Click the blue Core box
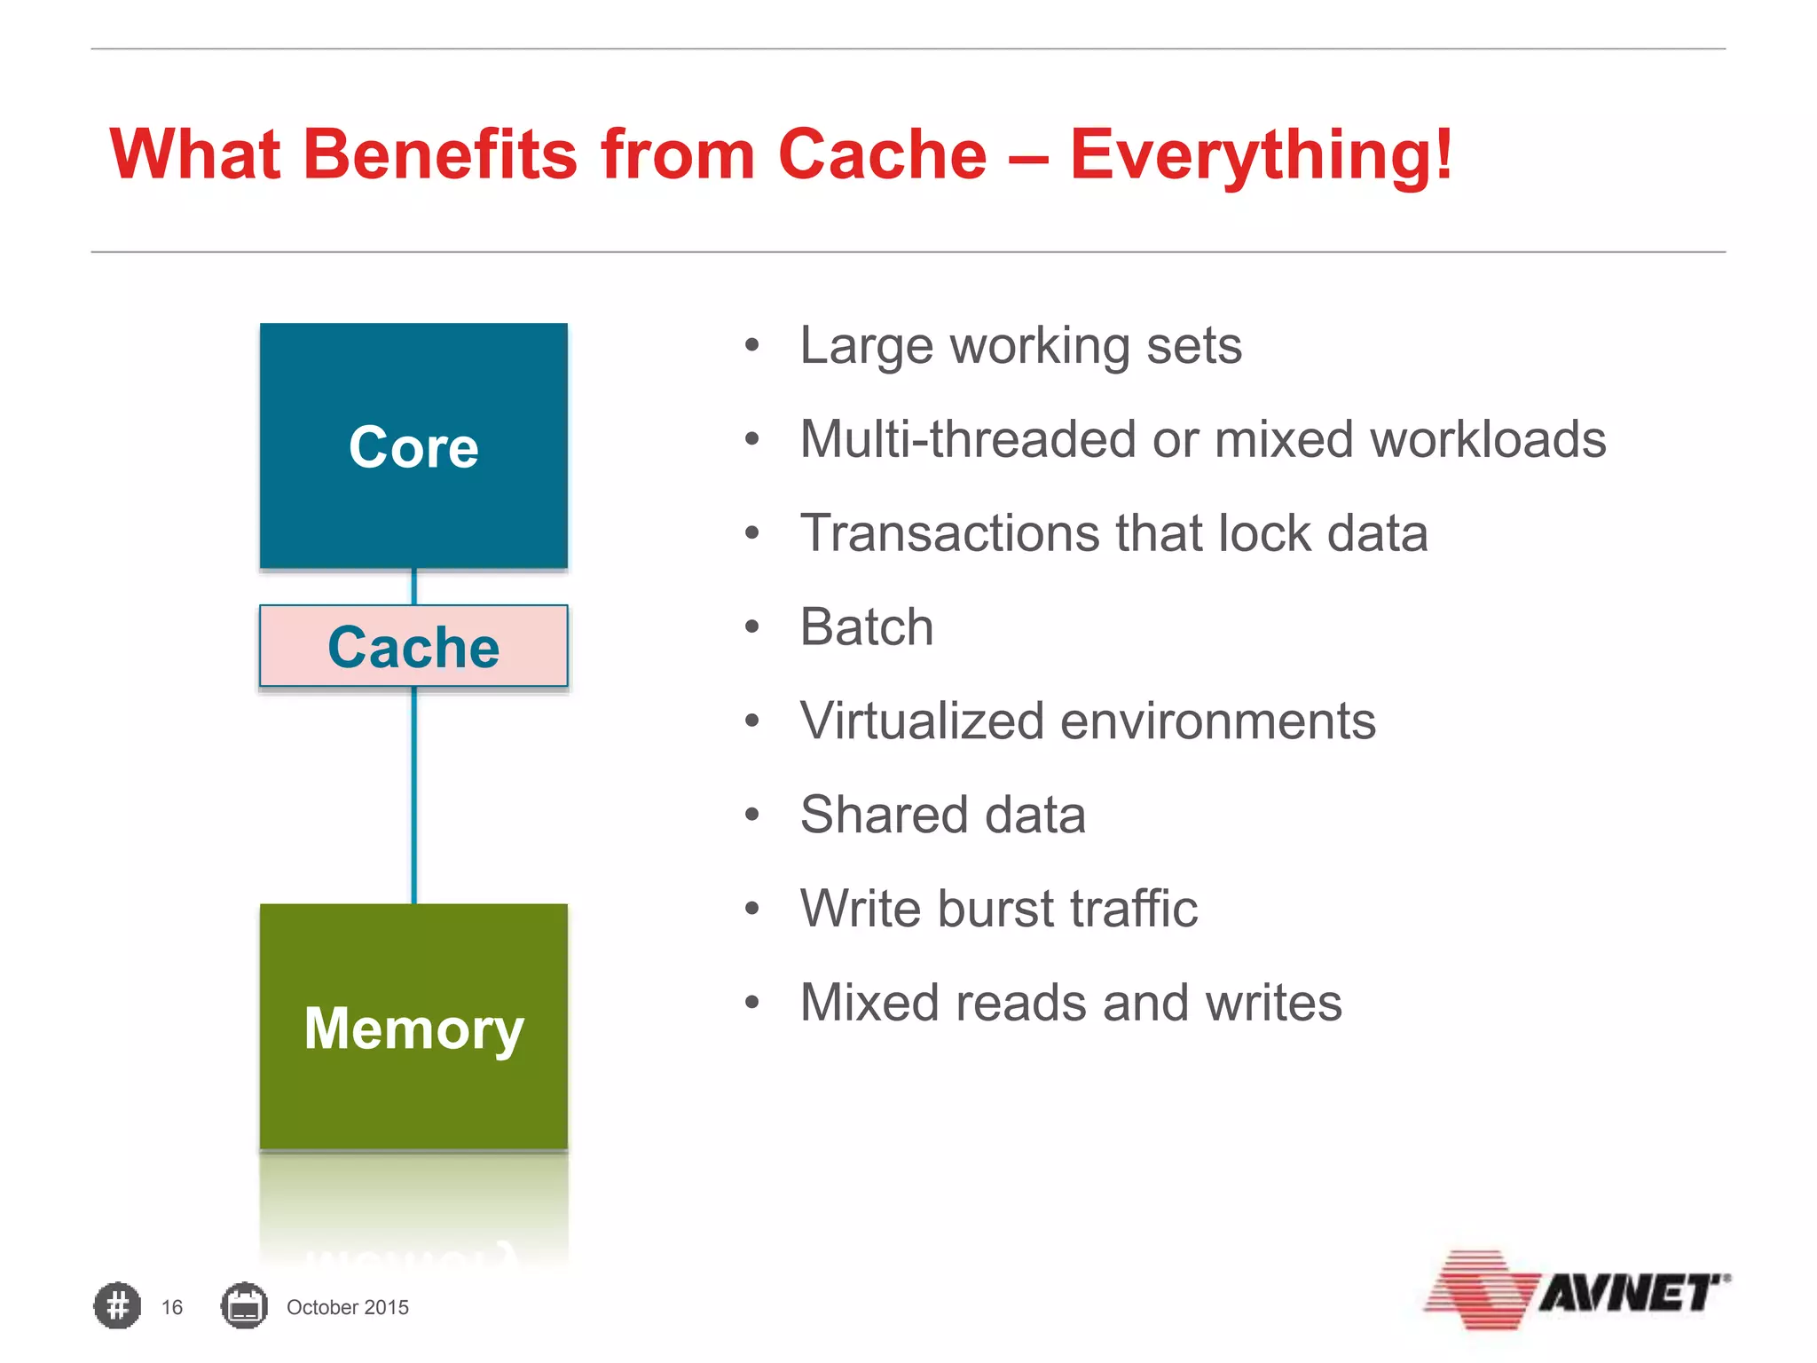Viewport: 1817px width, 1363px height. (413, 445)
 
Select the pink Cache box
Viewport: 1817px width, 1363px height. (413, 646)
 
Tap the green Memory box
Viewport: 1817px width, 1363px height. (413, 1027)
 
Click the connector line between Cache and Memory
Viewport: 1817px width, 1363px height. (413, 794)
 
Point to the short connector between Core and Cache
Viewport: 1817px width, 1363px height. (413, 587)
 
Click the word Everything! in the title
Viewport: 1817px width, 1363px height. (1260, 154)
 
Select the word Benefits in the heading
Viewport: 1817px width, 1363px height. (440, 154)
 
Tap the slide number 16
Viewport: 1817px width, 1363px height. (171, 1307)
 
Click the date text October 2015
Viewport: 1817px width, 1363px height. (347, 1307)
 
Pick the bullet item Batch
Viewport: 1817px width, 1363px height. (866, 627)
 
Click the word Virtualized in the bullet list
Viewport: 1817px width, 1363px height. (921, 721)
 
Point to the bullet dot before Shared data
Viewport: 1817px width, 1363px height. (752, 815)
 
